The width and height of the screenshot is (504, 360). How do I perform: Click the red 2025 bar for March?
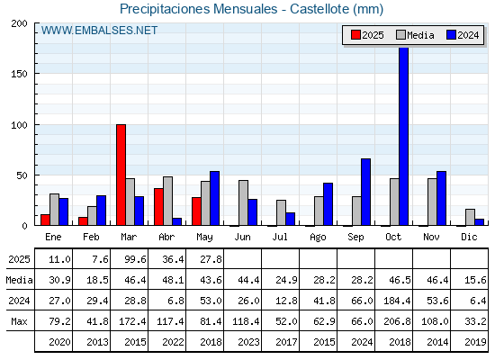click(121, 175)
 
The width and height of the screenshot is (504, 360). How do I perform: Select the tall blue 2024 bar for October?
click(404, 136)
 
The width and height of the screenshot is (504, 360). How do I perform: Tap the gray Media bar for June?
click(243, 202)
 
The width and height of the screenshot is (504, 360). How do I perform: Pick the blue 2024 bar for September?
click(365, 192)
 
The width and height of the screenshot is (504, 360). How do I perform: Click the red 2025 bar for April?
click(158, 207)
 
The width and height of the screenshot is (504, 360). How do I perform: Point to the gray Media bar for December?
click(470, 217)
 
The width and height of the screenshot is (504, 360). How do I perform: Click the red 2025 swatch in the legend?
click(355, 35)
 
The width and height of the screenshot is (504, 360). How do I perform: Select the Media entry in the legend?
click(415, 35)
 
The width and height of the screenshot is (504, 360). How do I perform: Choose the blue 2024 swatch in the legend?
click(451, 35)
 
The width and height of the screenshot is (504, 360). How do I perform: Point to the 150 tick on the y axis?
click(19, 74)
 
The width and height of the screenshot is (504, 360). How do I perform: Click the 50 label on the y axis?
click(22, 175)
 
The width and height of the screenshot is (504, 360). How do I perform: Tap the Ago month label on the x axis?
click(318, 238)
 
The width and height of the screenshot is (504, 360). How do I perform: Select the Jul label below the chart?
click(280, 237)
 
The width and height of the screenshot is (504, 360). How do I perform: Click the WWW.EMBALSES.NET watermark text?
click(99, 31)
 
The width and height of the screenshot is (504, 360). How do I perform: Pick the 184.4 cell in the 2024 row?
click(397, 301)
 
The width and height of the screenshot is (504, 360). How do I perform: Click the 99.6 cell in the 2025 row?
click(135, 259)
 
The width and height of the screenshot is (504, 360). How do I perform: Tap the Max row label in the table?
click(19, 321)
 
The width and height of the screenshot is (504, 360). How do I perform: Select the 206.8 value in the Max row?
click(397, 321)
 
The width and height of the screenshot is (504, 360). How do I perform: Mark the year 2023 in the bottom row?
click(248, 342)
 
